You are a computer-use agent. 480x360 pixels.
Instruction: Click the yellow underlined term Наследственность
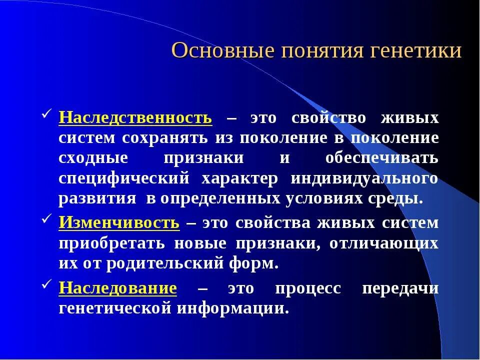135,118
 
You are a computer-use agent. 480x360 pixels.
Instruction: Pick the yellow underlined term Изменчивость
119,222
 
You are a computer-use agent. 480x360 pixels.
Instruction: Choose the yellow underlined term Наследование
118,288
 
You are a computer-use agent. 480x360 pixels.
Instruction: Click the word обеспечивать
381,158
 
